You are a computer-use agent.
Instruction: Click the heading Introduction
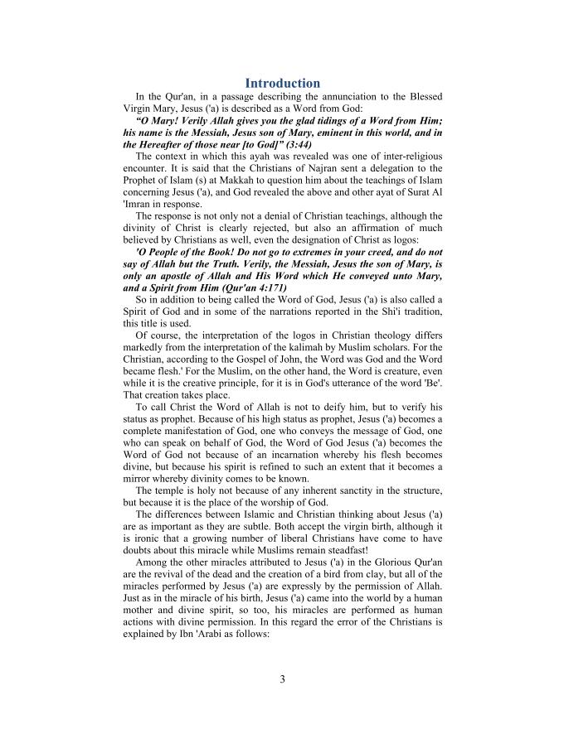point(282,83)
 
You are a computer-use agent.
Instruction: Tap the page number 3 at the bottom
point(282,680)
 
